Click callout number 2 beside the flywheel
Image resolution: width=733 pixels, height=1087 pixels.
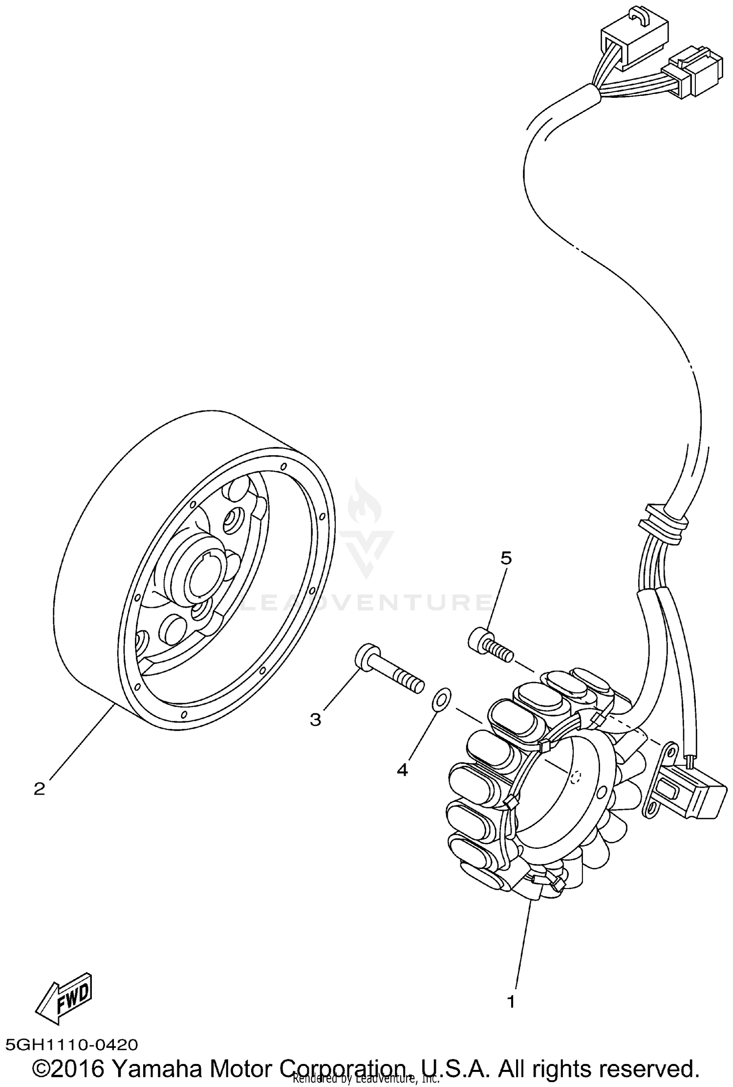[x=40, y=789]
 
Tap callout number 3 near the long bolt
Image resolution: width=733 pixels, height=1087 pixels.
[x=316, y=719]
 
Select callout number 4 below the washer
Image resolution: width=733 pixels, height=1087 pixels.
[x=402, y=770]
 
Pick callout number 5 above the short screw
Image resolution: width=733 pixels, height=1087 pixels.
[x=506, y=557]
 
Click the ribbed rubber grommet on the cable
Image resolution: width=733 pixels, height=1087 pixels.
[x=664, y=524]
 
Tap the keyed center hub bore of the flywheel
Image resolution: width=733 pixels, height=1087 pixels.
[x=205, y=577]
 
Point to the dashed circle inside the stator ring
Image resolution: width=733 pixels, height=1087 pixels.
[x=577, y=777]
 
